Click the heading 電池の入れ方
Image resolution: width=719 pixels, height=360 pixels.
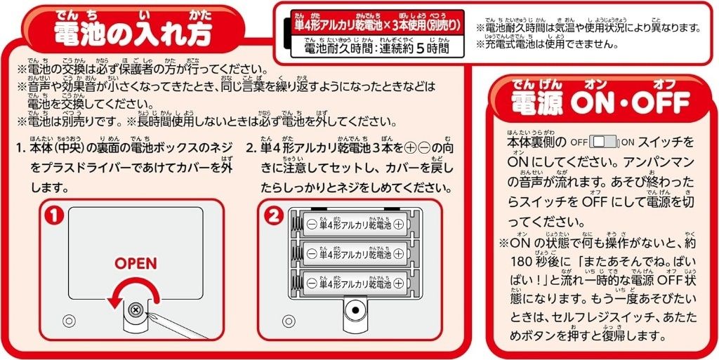(x=133, y=33)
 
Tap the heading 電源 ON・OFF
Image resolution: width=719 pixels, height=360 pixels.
(x=600, y=102)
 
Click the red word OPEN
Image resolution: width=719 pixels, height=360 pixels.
(x=136, y=263)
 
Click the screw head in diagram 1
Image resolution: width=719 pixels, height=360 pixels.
(x=136, y=310)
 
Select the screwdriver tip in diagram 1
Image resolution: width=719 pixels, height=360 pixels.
(x=145, y=314)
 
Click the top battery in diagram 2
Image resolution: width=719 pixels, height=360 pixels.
(x=355, y=224)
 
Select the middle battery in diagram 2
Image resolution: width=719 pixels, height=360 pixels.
(x=355, y=253)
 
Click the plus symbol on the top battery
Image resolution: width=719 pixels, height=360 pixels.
(x=399, y=224)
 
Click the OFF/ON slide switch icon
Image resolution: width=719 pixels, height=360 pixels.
(x=605, y=142)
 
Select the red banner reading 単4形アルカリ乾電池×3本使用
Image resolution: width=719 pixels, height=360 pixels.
(x=377, y=23)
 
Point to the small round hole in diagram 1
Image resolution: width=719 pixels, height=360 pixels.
(x=70, y=319)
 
